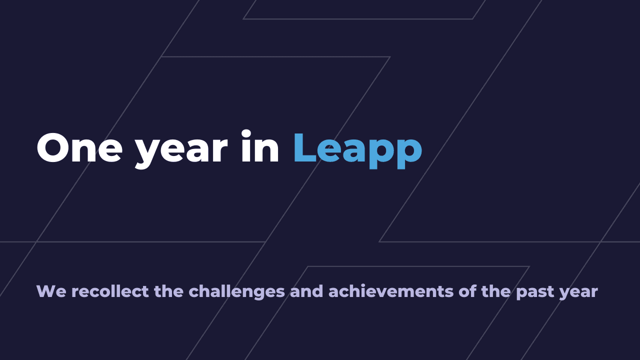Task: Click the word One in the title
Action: click(79, 148)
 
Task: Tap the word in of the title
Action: click(259, 148)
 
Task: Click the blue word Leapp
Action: click(357, 149)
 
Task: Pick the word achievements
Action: click(391, 291)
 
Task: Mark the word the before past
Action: click(496, 291)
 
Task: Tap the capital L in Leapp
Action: click(304, 148)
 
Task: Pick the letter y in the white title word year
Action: click(147, 153)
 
